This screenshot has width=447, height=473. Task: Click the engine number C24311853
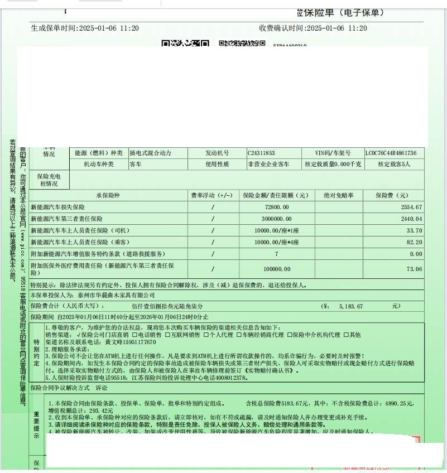coord(261,153)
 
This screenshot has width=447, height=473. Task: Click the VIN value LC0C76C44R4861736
coord(391,153)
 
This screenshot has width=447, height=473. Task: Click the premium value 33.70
coord(415,230)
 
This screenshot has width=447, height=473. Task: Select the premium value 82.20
coord(415,242)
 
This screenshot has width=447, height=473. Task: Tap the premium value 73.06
coord(415,269)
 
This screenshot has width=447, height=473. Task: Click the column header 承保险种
coord(108,195)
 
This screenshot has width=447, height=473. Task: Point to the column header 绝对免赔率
coord(339,195)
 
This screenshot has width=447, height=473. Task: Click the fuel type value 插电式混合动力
coord(150,153)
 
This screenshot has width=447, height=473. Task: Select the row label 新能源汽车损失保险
coord(57,207)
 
